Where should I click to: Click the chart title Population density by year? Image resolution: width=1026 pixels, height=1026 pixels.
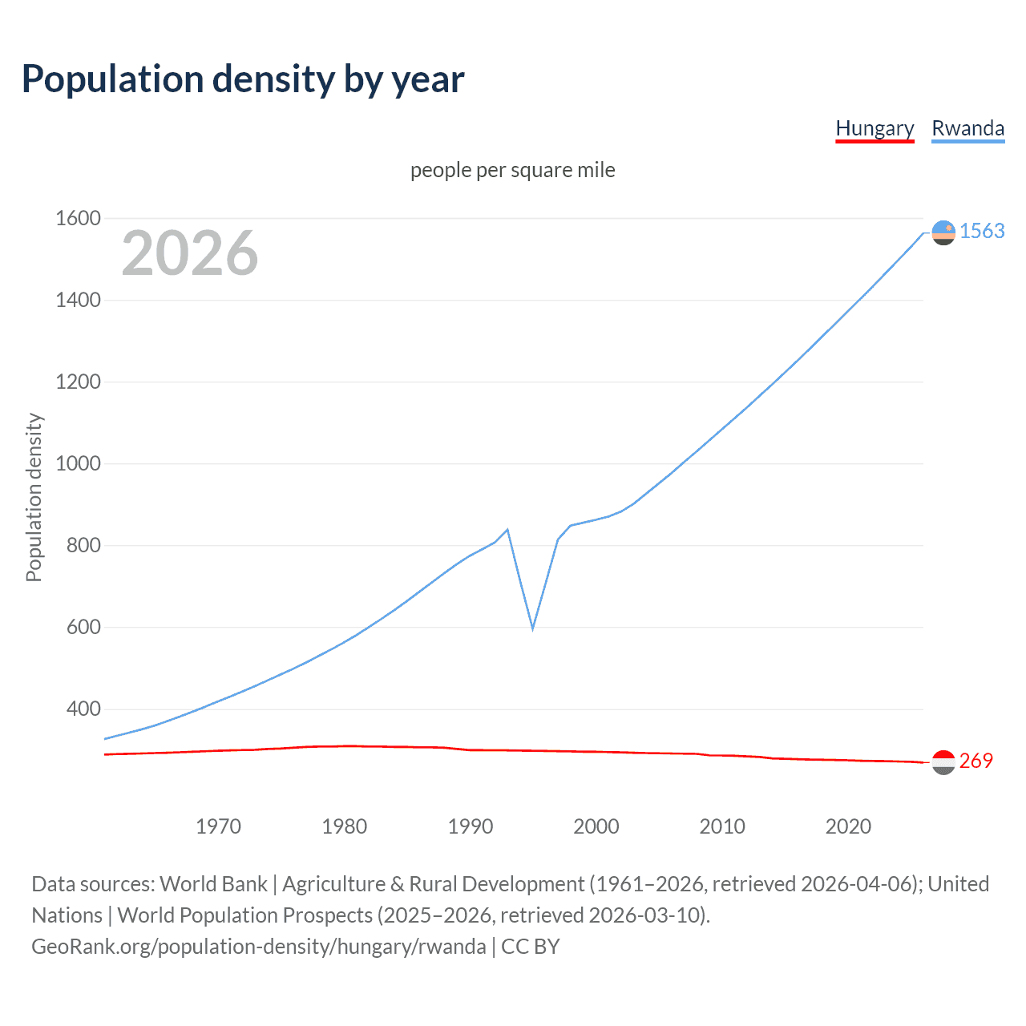tap(243, 79)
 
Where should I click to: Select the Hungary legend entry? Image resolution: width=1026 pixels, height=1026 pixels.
tap(875, 128)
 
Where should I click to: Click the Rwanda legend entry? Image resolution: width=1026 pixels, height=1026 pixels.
tap(967, 128)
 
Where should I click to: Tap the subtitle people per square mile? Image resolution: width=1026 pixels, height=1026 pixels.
tap(512, 170)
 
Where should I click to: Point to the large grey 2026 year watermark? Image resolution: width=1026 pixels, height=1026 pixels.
tap(190, 253)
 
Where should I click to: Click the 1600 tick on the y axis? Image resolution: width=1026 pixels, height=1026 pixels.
tap(78, 218)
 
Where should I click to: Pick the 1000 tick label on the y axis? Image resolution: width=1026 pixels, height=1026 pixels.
tap(78, 463)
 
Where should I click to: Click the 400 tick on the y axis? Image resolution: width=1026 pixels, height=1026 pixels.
tap(83, 709)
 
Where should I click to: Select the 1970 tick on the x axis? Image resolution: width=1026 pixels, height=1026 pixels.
tap(218, 826)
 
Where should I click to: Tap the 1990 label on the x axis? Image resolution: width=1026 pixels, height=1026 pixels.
tap(471, 826)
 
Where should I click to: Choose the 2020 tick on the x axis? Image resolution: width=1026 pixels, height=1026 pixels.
tap(848, 826)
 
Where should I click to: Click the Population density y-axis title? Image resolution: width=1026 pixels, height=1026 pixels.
tap(34, 497)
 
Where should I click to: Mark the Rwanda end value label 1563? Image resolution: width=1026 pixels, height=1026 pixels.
tap(982, 231)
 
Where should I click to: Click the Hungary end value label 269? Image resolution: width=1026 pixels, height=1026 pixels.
tap(976, 761)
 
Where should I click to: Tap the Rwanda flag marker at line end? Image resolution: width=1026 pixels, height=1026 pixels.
tap(943, 232)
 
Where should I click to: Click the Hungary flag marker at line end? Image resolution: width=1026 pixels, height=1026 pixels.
tap(943, 762)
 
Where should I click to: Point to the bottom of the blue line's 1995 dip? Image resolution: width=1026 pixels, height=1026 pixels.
tap(532, 628)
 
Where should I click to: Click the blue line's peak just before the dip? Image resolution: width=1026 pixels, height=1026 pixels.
tap(507, 529)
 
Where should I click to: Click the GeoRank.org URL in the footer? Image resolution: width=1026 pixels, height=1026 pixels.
tap(258, 946)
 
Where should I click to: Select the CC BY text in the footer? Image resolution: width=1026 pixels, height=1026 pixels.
tap(530, 946)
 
